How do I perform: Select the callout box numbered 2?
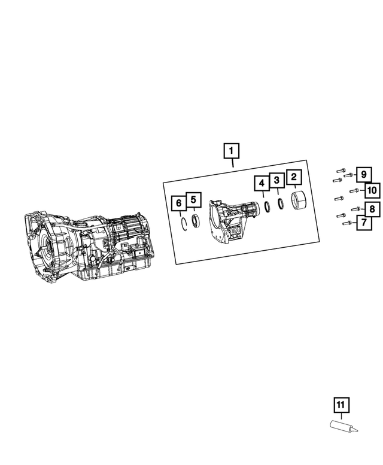coord(294,177)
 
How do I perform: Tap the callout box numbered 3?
coord(276,180)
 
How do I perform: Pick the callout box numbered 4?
coord(261,183)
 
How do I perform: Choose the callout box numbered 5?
coord(193,200)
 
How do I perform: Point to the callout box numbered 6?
coord(178,203)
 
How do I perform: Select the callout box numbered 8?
coord(372,209)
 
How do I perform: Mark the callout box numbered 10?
coord(372,190)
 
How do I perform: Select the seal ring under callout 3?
coord(280,203)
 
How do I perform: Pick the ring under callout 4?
coord(267,206)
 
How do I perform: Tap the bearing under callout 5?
coord(196,220)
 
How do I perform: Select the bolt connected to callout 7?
coord(346,223)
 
